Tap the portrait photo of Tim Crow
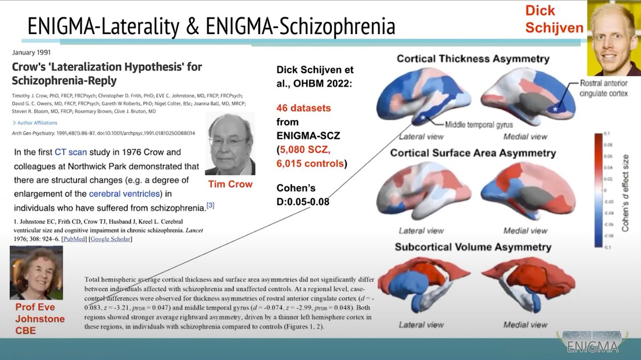230,144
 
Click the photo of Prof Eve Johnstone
36,272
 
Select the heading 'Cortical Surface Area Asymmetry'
473,153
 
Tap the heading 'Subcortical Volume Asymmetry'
473,247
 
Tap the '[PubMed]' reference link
75,239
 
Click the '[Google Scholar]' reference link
111,239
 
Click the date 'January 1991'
32,53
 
